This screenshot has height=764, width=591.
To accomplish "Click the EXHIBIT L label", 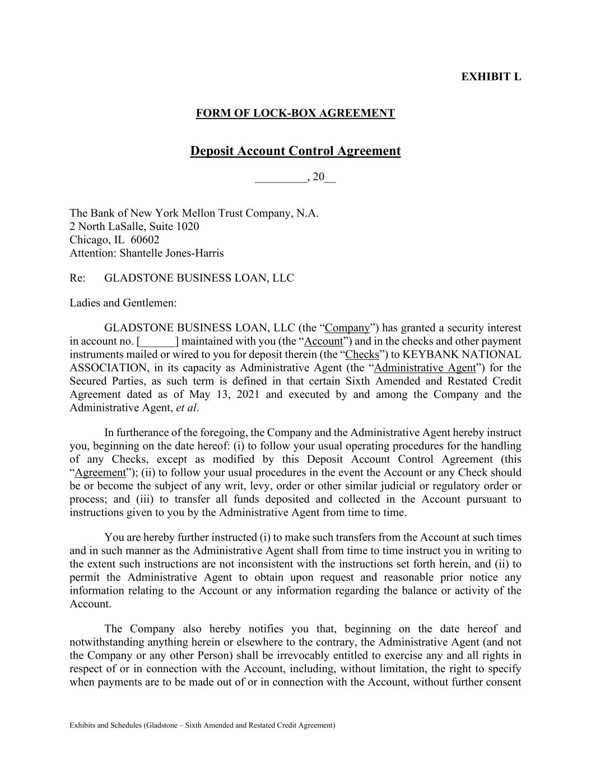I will pyautogui.click(x=491, y=77).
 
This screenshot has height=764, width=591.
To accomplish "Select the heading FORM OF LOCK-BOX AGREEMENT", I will pyautogui.click(x=295, y=113).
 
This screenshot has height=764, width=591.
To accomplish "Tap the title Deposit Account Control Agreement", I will pyautogui.click(x=295, y=151).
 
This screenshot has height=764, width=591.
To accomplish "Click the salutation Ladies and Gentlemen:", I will pyautogui.click(x=123, y=303).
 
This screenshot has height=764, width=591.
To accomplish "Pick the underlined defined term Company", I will pyautogui.click(x=347, y=328).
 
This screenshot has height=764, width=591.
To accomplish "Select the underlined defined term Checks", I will pyautogui.click(x=362, y=355).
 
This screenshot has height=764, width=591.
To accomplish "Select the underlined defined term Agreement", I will pyautogui.click(x=100, y=473).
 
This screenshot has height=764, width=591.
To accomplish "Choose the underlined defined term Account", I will pyautogui.click(x=323, y=341).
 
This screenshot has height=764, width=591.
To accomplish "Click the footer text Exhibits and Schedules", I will pyautogui.click(x=105, y=725).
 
